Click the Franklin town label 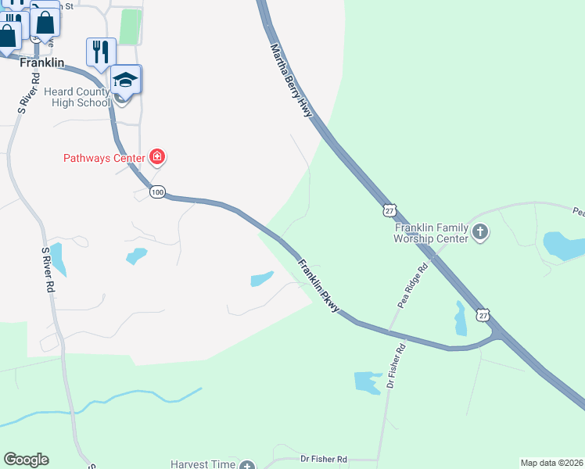41,62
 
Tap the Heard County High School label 77,97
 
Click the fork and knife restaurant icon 100,52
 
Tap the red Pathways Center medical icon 157,157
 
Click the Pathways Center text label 104,158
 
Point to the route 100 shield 157,192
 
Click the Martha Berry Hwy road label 292,81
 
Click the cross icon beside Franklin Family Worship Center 480,232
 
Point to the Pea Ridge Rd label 413,286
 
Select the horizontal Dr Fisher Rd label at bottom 324,460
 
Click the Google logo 27,460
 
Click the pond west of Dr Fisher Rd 366,381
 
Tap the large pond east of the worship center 563,245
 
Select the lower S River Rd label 48,270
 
